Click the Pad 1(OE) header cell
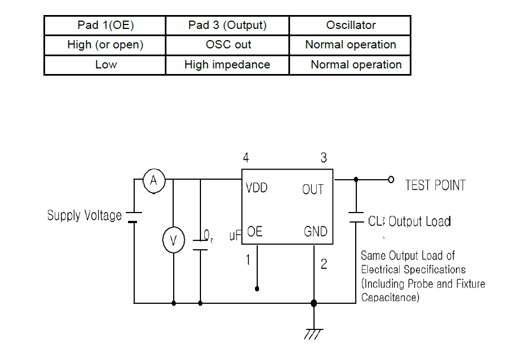click(x=105, y=26)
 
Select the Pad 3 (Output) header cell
click(x=227, y=26)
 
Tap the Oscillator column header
click(x=351, y=26)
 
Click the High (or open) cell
click(x=105, y=45)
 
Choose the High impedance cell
click(x=227, y=65)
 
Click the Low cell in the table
click(x=106, y=65)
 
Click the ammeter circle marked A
click(x=154, y=180)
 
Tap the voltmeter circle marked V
click(x=173, y=240)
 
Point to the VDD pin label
click(x=256, y=188)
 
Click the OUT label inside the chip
click(x=313, y=190)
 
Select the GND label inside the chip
click(x=316, y=231)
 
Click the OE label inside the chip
click(x=254, y=231)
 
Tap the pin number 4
click(x=246, y=158)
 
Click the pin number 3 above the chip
click(x=323, y=158)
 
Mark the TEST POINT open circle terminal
click(x=391, y=180)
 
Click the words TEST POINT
click(x=435, y=185)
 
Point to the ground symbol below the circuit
click(x=314, y=333)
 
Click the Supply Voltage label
click(x=84, y=215)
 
